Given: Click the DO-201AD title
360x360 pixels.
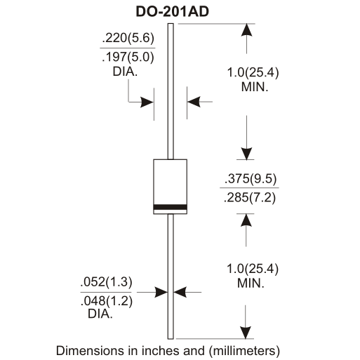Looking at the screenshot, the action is (173, 11).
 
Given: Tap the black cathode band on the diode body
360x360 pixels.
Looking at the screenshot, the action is (171, 207).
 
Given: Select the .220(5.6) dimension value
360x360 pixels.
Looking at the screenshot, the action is (128, 38).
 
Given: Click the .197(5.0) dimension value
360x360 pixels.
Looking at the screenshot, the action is (128, 57).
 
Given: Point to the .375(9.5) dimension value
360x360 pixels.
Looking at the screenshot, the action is (251, 179).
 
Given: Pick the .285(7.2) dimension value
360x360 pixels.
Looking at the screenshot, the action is (250, 198).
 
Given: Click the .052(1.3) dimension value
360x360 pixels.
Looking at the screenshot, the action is (106, 281).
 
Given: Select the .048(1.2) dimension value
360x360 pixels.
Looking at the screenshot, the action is (107, 301).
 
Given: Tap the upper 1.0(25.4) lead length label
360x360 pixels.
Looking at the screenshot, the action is (253, 72).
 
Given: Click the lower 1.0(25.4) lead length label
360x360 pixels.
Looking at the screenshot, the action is (253, 269).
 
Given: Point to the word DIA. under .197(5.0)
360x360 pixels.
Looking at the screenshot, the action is (125, 72).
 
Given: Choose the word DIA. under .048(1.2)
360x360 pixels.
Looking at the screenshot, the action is (100, 314).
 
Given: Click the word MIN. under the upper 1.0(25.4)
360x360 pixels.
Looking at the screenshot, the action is (255, 87).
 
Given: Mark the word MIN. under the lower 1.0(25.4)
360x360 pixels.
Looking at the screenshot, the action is (251, 284).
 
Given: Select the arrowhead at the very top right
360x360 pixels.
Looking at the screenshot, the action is (246, 30).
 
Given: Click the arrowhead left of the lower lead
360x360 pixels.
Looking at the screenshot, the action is (161, 292).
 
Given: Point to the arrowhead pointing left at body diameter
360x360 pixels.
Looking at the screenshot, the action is (194, 102).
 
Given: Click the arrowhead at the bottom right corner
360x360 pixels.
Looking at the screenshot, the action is (246, 333).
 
